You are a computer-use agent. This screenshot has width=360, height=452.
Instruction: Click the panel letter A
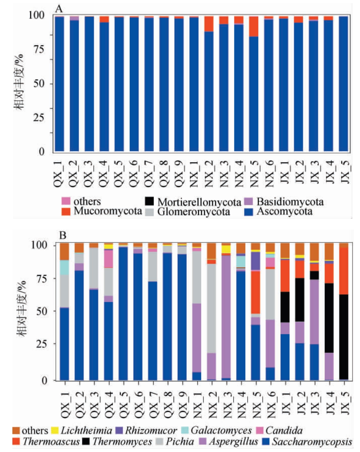[59, 8]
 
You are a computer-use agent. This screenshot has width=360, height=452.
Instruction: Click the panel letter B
[63, 235]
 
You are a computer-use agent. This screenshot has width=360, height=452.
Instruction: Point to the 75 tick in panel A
[39, 49]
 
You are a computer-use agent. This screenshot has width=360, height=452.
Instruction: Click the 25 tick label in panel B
[42, 344]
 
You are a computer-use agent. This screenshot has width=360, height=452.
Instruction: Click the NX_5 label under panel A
[254, 173]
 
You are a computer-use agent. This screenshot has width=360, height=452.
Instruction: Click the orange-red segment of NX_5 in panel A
[254, 26]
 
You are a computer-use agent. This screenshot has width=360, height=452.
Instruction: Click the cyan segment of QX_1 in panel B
[64, 268]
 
